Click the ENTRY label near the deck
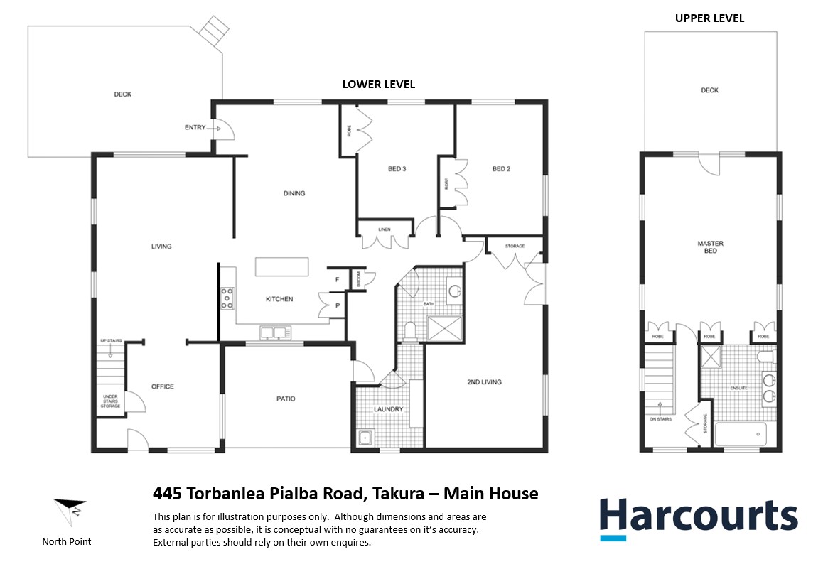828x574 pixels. (x=195, y=128)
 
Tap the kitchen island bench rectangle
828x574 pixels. (x=282, y=266)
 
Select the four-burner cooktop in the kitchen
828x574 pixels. (x=227, y=298)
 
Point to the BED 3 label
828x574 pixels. (x=397, y=169)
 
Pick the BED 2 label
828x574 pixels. (x=501, y=169)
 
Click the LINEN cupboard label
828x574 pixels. (x=385, y=229)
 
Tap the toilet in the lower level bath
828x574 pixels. (x=409, y=330)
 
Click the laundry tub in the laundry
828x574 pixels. (x=365, y=438)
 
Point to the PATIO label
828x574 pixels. (x=285, y=399)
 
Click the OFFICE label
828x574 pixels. (x=162, y=386)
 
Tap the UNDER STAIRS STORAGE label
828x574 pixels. (x=110, y=401)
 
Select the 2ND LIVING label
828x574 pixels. (x=484, y=382)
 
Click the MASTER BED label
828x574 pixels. (x=710, y=247)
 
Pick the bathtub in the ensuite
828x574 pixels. (x=740, y=433)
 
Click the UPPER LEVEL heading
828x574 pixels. (x=709, y=18)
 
